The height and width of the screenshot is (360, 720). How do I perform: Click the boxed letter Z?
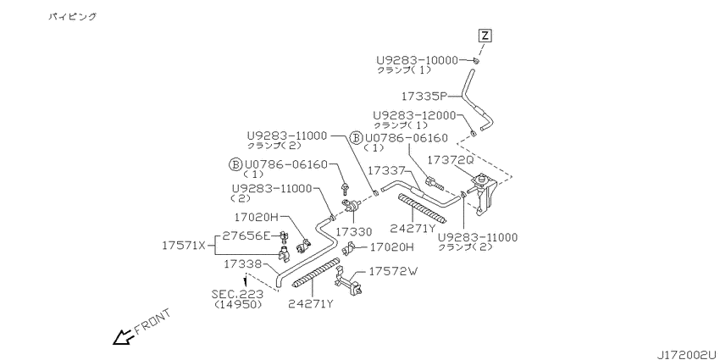485,36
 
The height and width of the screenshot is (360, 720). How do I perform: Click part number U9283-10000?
418,60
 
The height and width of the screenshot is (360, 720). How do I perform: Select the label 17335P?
424,97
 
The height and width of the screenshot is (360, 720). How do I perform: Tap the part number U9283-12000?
414,115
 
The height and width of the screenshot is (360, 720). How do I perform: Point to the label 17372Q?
451,159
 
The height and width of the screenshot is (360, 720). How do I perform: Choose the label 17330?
353,231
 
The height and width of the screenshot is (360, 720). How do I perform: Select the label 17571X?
184,245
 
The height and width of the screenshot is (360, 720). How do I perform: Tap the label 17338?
243,264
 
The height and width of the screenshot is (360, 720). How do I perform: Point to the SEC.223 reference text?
237,294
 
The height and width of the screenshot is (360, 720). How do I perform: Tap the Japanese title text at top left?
73,17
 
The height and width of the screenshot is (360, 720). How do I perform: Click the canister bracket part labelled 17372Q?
483,194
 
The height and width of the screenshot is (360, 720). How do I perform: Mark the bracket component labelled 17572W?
347,280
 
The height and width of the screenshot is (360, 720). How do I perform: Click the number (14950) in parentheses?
238,304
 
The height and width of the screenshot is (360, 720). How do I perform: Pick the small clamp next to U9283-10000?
477,61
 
